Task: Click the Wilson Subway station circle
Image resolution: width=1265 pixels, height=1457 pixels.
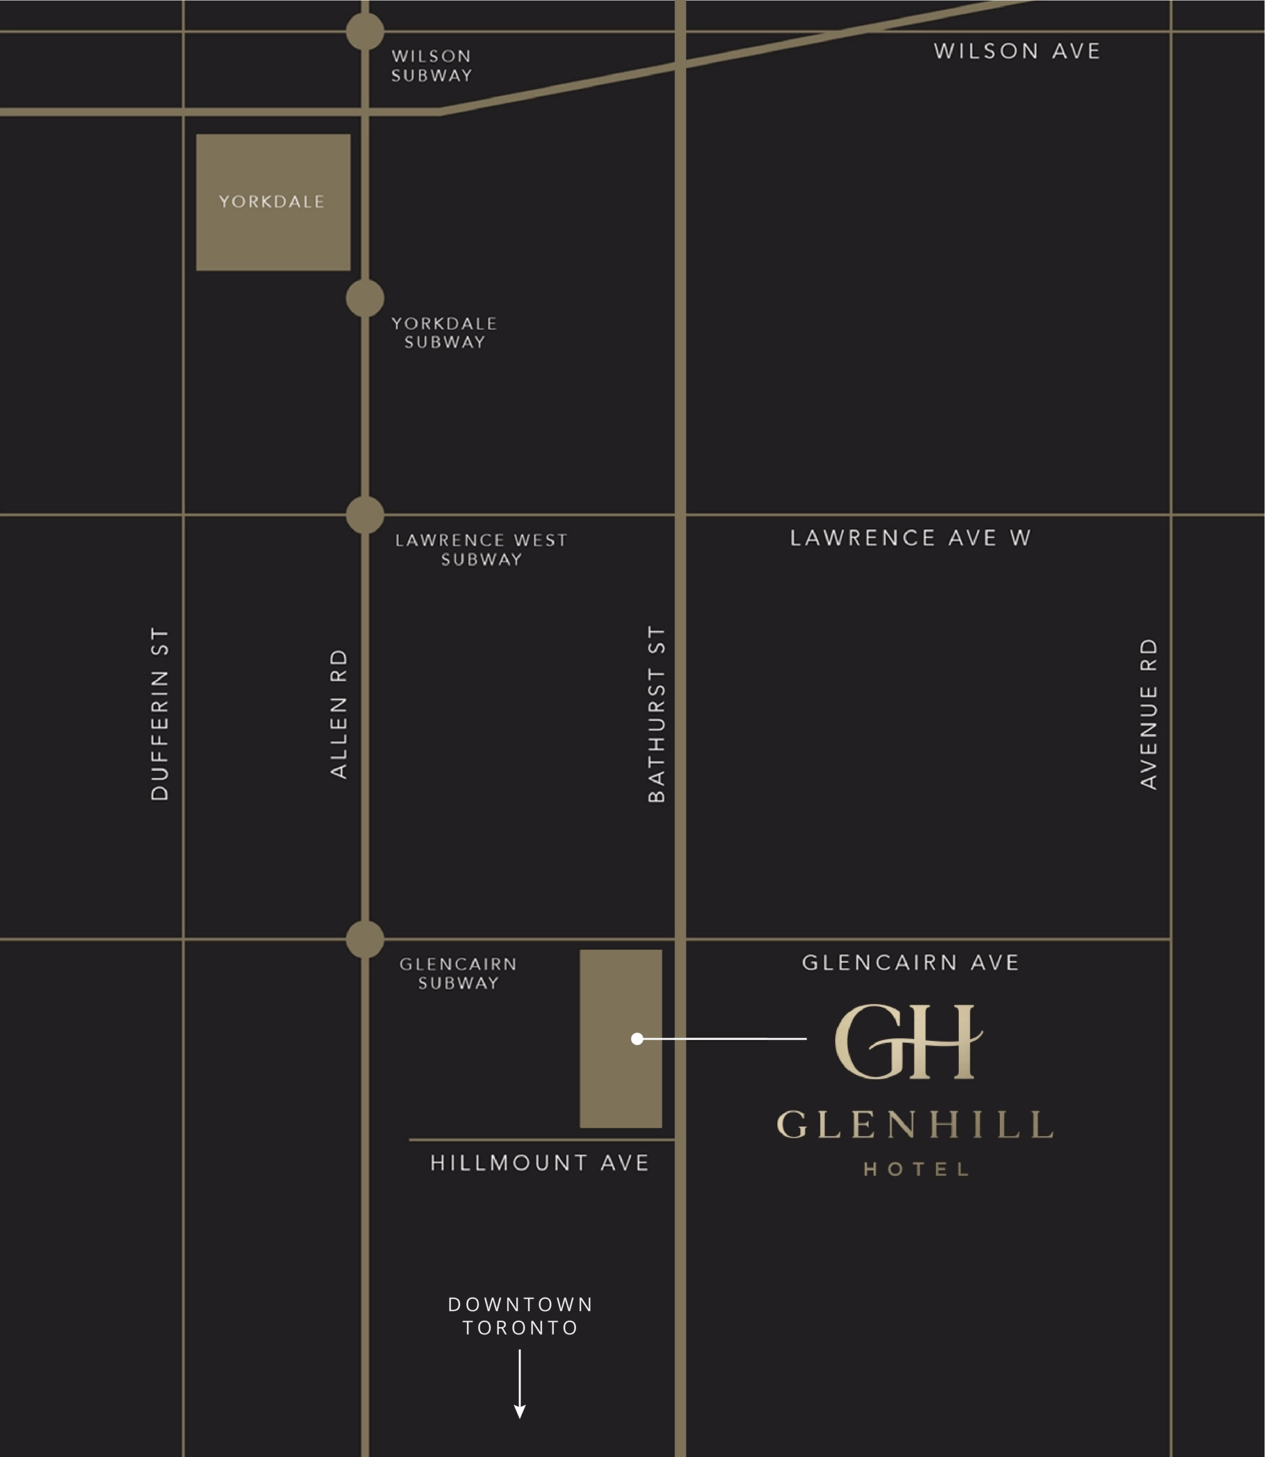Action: click(365, 31)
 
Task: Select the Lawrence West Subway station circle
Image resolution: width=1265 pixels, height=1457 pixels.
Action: click(365, 515)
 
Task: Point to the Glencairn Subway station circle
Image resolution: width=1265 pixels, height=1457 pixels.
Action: click(365, 939)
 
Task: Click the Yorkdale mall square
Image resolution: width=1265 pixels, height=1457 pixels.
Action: click(273, 202)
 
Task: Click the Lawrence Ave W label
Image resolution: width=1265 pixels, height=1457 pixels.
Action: click(910, 538)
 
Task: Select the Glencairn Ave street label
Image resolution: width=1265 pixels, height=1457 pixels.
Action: click(910, 963)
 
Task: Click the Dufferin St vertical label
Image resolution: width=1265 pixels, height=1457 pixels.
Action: click(160, 714)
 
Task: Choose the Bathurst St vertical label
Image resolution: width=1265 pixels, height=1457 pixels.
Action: click(657, 714)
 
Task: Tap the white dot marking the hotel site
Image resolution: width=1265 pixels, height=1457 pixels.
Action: click(637, 1038)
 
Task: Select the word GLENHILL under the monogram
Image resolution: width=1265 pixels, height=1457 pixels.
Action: click(915, 1125)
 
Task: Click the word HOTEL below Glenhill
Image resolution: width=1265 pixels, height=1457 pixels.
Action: click(916, 1170)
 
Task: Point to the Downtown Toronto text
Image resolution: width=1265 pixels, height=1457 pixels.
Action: click(520, 1316)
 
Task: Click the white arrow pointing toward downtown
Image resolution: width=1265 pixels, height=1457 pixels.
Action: click(520, 1384)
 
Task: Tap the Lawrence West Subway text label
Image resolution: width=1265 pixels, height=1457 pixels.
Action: click(481, 550)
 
